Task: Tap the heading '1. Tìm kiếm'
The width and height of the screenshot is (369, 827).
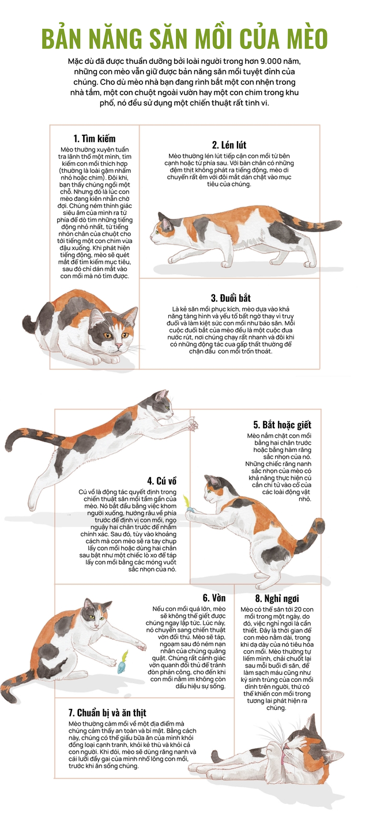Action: click(x=95, y=138)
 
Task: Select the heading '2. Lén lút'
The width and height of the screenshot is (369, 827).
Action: click(x=229, y=145)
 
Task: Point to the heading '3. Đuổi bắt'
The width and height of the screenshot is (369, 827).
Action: click(x=231, y=298)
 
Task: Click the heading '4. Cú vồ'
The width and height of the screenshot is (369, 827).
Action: click(x=162, y=481)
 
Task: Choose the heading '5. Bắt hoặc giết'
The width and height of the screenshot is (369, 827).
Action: click(x=282, y=424)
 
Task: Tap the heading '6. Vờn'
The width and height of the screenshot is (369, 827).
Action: click(x=214, y=598)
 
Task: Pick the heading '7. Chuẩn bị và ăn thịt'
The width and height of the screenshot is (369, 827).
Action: click(x=107, y=712)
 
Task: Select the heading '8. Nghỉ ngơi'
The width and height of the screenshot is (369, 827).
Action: click(x=277, y=598)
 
